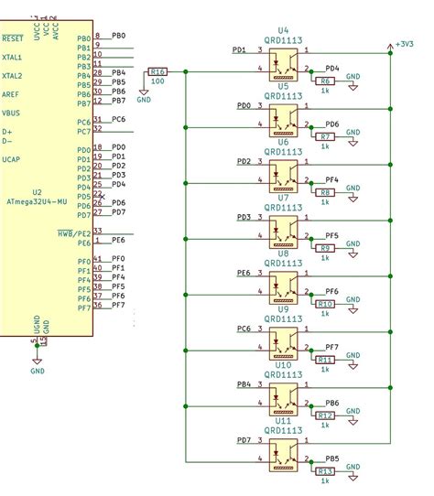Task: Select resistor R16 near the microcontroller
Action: (x=158, y=71)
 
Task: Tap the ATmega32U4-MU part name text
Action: (x=37, y=201)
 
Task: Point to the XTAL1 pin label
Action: (x=13, y=57)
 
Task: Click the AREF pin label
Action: (x=11, y=94)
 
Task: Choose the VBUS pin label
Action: (x=11, y=113)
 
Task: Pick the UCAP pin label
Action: (x=11, y=159)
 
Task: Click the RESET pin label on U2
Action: (x=12, y=38)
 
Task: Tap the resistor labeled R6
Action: (x=326, y=81)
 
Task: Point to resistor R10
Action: (x=326, y=304)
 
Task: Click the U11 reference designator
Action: (x=284, y=421)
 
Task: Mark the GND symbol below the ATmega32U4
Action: (x=38, y=367)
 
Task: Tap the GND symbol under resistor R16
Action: (x=144, y=95)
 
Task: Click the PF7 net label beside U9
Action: (x=331, y=347)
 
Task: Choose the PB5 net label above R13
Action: (x=331, y=458)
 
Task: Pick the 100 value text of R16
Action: (x=158, y=82)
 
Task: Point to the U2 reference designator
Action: (x=37, y=192)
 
